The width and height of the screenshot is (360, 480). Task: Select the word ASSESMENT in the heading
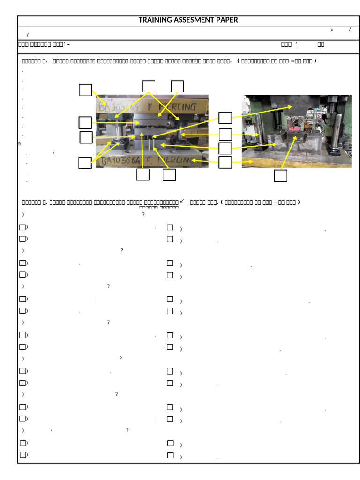(195, 20)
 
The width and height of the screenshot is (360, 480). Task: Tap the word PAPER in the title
(228, 20)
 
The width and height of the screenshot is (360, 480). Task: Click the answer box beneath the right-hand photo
(280, 176)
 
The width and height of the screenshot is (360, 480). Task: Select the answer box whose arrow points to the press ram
(225, 118)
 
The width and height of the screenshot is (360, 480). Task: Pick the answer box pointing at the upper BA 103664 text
(85, 90)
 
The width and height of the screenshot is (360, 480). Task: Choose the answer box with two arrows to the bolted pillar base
(85, 163)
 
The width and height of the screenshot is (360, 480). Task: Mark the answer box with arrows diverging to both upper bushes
(149, 86)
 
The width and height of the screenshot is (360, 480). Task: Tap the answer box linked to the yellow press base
(225, 163)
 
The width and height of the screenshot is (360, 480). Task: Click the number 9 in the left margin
(20, 144)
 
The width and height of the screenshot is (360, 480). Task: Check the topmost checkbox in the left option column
(22, 227)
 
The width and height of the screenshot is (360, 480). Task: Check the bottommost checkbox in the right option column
(170, 455)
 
